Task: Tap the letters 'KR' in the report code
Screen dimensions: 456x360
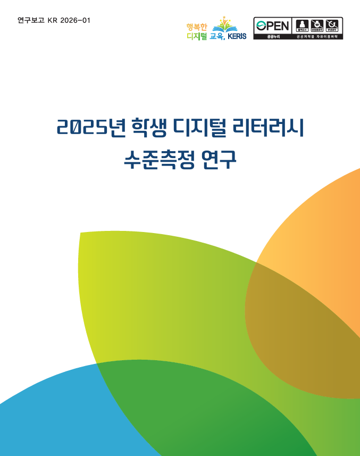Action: point(52,20)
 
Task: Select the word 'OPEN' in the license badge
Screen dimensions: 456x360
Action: point(273,25)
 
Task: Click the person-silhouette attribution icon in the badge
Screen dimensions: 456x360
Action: point(302,25)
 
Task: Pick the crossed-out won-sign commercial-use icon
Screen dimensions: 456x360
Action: point(317,25)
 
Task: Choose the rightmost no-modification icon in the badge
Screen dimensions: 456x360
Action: point(332,25)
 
